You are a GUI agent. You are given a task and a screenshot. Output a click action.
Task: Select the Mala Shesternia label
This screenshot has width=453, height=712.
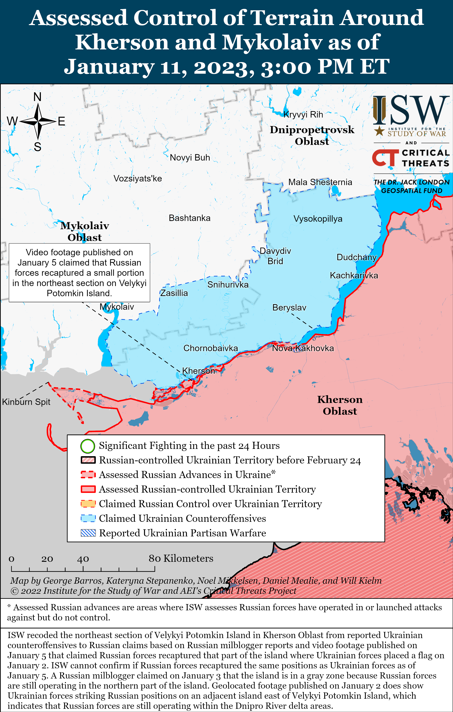click(320, 182)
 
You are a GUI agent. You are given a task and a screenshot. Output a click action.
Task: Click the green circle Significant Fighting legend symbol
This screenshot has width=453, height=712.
click(88, 446)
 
